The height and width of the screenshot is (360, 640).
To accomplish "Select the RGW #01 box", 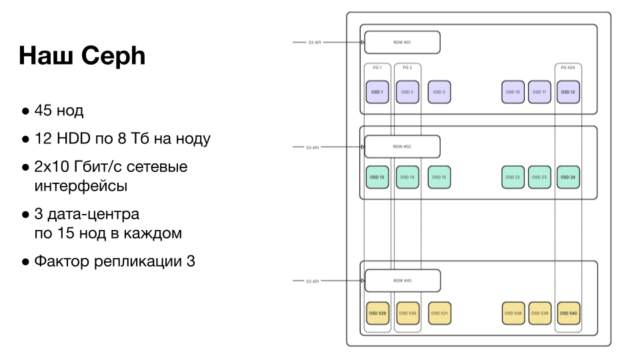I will (402, 42).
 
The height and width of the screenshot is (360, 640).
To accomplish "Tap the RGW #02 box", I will (402, 147).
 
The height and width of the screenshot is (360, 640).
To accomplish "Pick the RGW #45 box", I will (402, 281).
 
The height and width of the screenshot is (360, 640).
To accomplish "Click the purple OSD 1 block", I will (377, 92).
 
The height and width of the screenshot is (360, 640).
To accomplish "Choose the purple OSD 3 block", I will (439, 92).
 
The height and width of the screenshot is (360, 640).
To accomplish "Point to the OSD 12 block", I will (568, 92).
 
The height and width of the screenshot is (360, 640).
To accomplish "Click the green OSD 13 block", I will (377, 177).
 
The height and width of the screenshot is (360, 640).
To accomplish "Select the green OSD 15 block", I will (439, 177).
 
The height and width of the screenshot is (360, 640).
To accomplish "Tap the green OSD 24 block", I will (568, 177).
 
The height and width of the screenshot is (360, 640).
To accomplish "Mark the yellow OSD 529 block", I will (377, 313).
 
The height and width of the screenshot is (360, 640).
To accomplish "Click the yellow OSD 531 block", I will (439, 313).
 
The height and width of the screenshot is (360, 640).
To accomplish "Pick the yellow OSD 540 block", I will (568, 313).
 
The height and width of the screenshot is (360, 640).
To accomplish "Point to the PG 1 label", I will (377, 68).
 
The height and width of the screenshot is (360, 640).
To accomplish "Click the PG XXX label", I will (568, 68).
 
